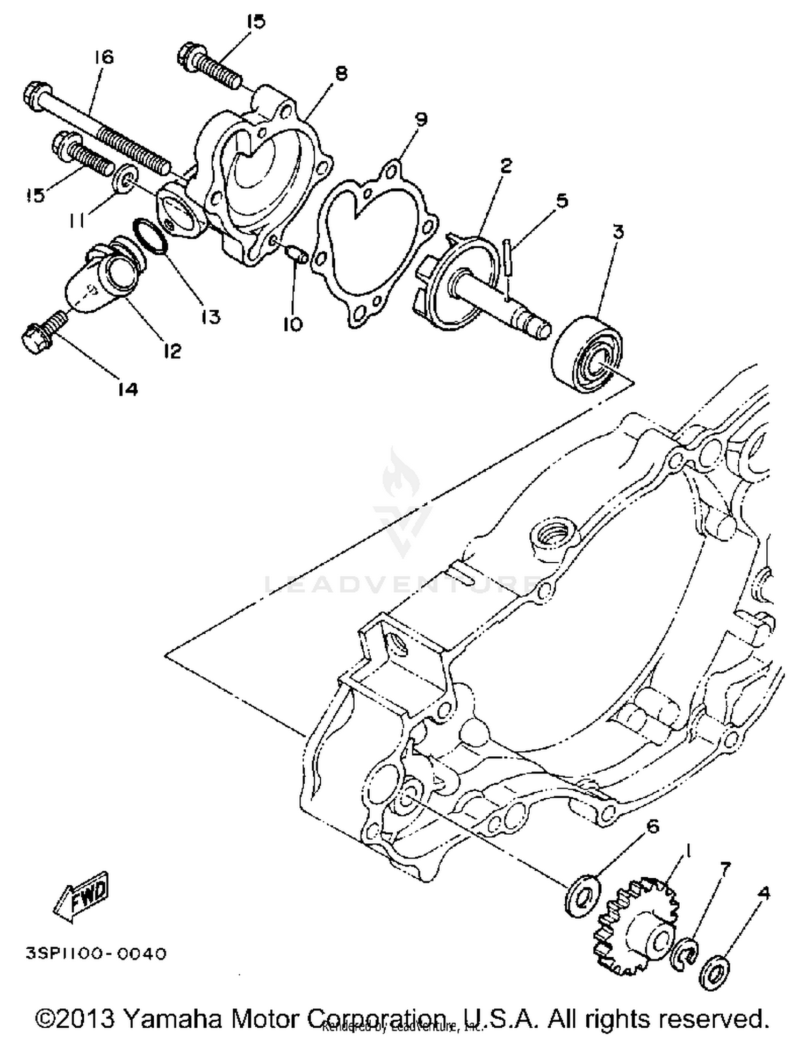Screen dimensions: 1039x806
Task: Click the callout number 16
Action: [104, 57]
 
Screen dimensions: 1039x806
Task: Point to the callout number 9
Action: [421, 119]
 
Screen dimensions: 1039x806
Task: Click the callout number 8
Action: [341, 74]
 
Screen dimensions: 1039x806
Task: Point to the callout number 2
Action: [506, 166]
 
